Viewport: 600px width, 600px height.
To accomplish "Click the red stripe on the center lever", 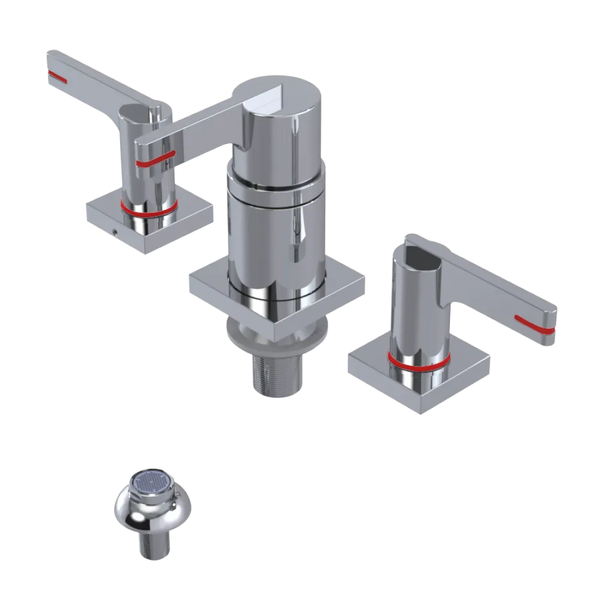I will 155,158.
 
